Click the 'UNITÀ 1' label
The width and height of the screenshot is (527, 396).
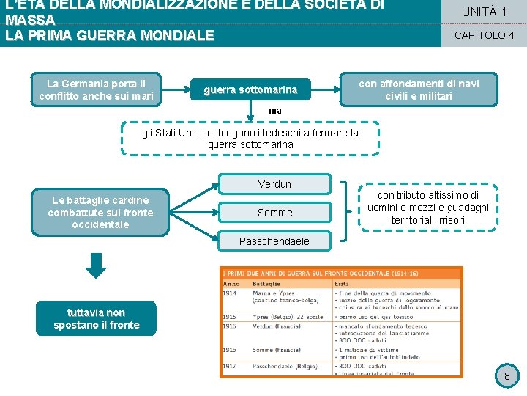pyautogui.click(x=484, y=12)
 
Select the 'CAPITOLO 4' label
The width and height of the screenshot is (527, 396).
pyautogui.click(x=484, y=35)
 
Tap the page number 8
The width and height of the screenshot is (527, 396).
pyautogui.click(x=507, y=377)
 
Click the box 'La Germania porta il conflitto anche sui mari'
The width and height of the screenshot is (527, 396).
pyautogui.click(x=96, y=89)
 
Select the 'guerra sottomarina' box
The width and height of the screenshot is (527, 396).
pyautogui.click(x=250, y=90)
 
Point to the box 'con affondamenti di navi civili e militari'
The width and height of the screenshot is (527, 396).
pyautogui.click(x=419, y=89)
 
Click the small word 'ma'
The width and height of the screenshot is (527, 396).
pyautogui.click(x=274, y=110)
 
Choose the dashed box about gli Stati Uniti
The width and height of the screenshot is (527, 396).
pyautogui.click(x=250, y=139)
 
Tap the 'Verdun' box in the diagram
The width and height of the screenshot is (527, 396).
pyautogui.click(x=274, y=184)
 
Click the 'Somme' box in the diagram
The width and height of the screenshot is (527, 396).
pyautogui.click(x=274, y=213)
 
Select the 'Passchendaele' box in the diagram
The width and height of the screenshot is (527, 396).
pyautogui.click(x=274, y=241)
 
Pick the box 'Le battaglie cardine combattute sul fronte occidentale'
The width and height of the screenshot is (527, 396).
pyautogui.click(x=100, y=212)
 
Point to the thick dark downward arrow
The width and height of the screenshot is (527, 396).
pyautogui.click(x=96, y=265)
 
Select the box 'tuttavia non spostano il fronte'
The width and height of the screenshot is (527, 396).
pyautogui.click(x=96, y=319)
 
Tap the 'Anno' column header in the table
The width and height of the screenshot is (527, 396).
pyautogui.click(x=231, y=284)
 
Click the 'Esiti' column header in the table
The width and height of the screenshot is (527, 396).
pyautogui.click(x=341, y=284)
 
